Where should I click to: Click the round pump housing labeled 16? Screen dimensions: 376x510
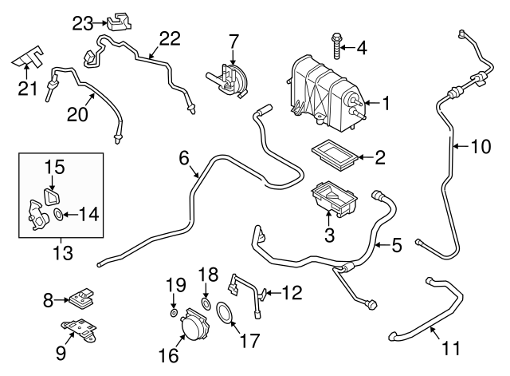click(x=190, y=328)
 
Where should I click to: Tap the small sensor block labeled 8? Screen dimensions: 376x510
click(x=80, y=299)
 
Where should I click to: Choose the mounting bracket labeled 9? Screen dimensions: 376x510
click(x=80, y=330)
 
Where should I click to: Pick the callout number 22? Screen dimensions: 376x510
click(x=170, y=38)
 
